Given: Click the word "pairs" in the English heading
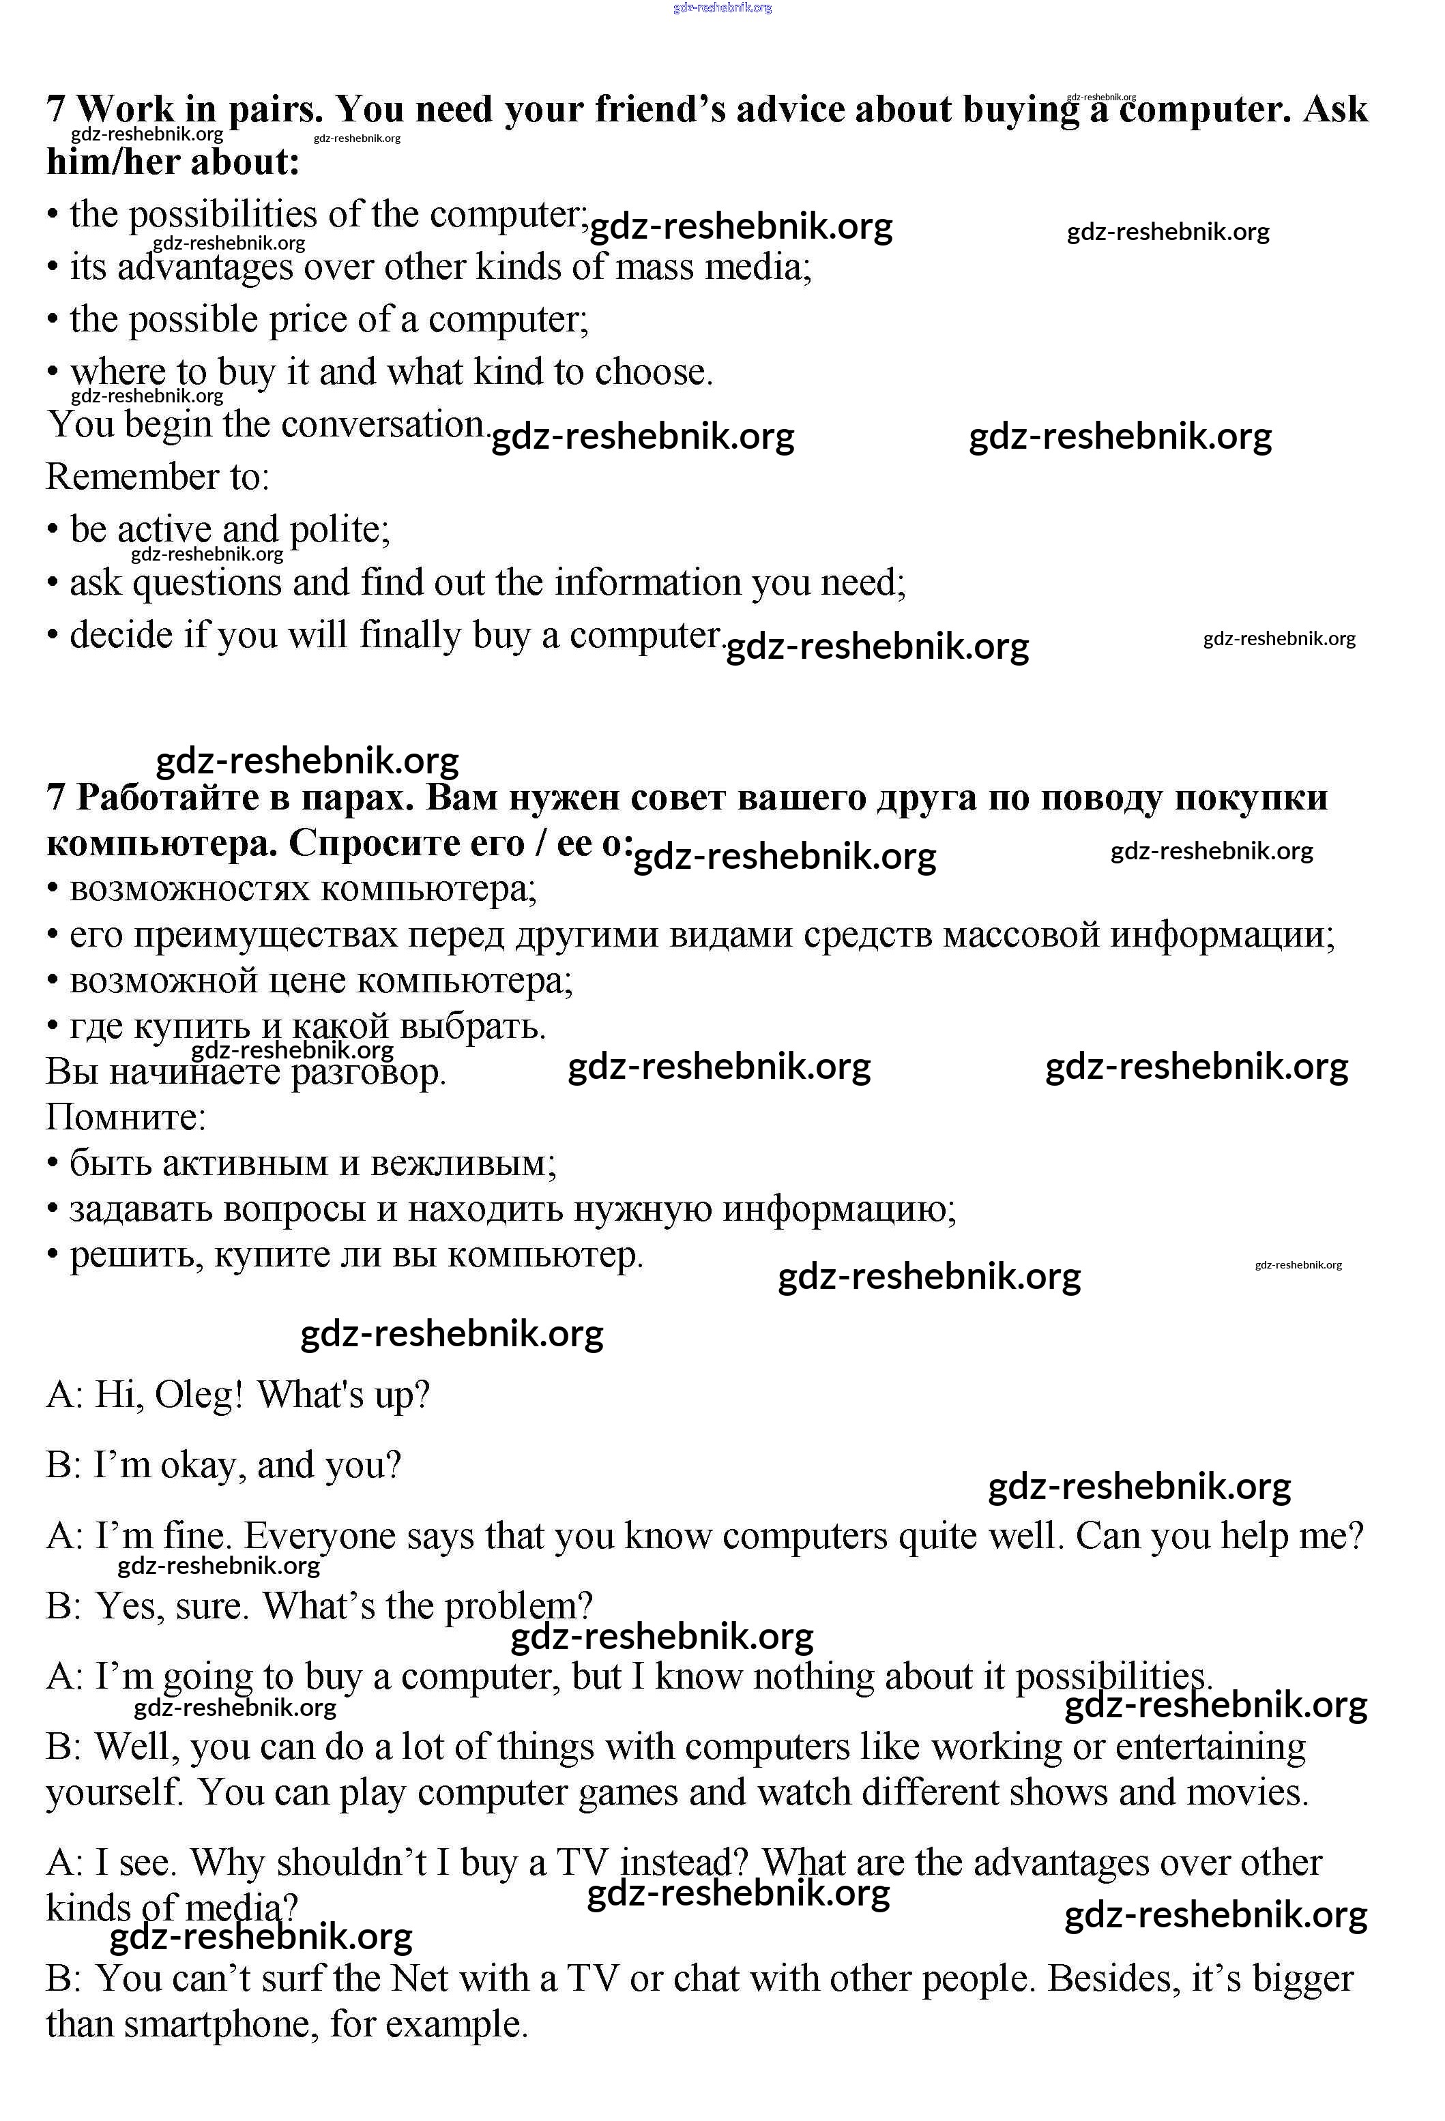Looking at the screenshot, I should (x=275, y=110).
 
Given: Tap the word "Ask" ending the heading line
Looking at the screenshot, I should (x=1335, y=110).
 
